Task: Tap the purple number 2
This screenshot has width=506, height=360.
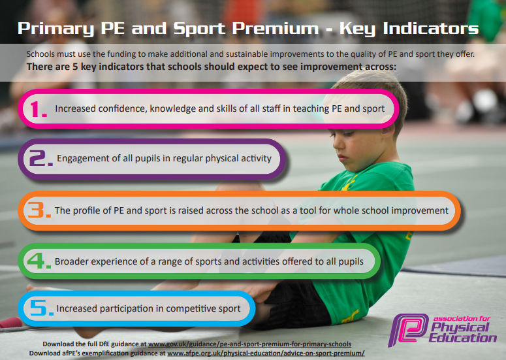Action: pos(40,158)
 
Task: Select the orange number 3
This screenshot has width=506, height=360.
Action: pos(39,210)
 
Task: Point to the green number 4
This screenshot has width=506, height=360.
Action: pos(39,261)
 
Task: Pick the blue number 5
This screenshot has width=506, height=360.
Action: pos(41,308)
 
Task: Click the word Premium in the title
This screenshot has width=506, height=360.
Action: pos(276,28)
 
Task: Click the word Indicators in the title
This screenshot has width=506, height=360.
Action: pos(431,28)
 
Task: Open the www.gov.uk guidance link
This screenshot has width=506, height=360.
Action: pos(249,344)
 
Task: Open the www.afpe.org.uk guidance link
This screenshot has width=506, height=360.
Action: pos(266,353)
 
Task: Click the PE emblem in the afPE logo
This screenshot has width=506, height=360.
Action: pos(408,330)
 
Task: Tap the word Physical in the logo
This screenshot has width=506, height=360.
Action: pos(460,328)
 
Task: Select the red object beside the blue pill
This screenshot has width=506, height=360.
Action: pos(10,322)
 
